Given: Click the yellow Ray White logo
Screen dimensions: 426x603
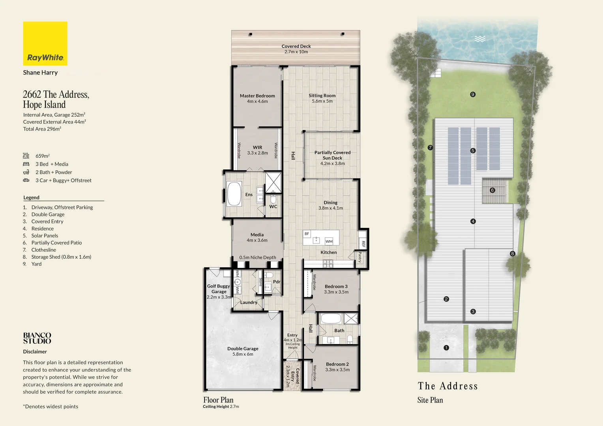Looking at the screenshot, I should point(45,43).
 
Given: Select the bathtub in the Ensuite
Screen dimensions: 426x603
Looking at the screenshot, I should point(234,194).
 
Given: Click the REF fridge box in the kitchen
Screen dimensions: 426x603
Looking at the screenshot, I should point(363,244).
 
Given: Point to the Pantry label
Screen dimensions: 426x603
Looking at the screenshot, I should point(360,257).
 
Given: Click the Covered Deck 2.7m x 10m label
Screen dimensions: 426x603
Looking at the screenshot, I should point(296,49).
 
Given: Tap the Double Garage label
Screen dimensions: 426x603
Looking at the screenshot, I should point(243,351).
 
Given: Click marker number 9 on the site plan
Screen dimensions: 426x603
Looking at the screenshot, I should point(473,94).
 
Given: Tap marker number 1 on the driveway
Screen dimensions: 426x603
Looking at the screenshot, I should point(446,348).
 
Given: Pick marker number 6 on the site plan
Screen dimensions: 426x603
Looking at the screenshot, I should point(492,190).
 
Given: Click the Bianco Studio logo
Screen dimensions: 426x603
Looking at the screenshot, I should point(37,338).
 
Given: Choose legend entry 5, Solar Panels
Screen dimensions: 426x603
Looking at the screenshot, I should point(45,235).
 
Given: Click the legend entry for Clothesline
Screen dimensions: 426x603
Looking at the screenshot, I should point(43,250).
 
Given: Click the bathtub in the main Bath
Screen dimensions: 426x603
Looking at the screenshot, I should point(331,318).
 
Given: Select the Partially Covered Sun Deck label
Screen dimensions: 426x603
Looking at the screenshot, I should point(332,158).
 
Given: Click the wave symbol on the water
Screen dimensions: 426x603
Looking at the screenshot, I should point(480,39).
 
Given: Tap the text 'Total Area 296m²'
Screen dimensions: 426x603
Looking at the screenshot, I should point(42,129).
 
